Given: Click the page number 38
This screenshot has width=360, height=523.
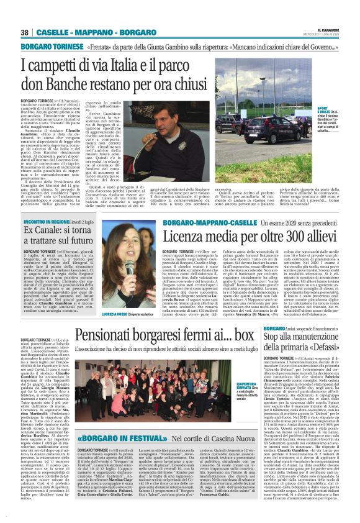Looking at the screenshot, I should (x=25, y=32).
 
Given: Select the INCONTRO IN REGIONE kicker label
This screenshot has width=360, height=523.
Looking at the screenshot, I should (x=42, y=221).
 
